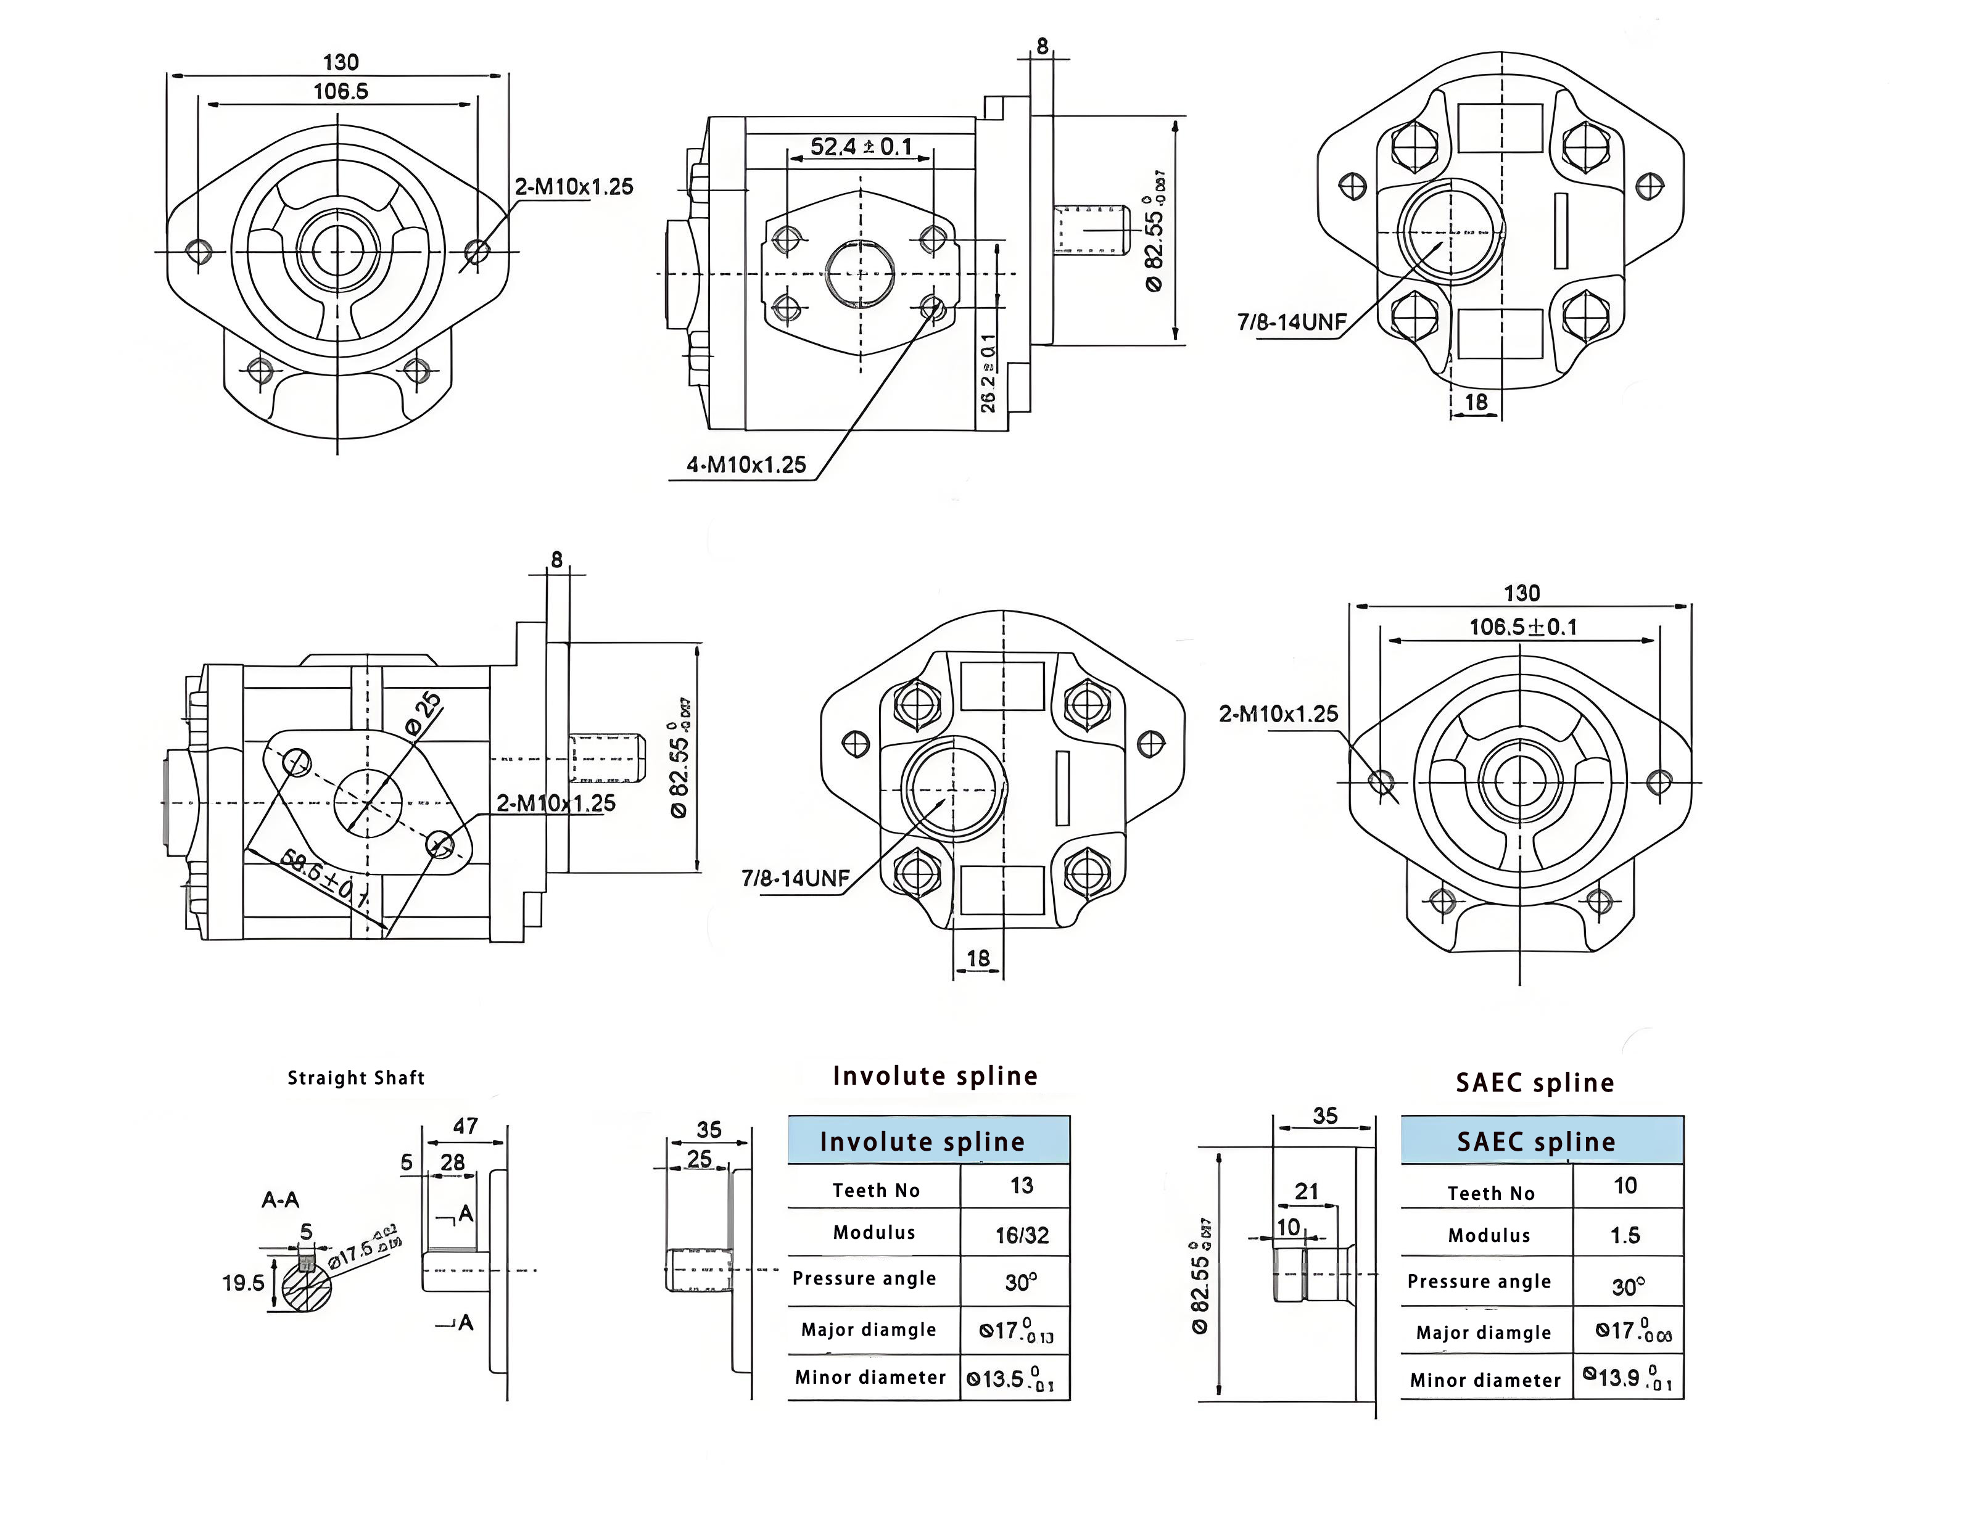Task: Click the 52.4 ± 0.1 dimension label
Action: [x=861, y=146]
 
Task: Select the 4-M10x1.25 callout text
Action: [x=746, y=465]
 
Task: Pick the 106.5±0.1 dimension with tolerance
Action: [x=1522, y=627]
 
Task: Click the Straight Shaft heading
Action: [x=356, y=1077]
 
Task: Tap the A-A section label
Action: [x=280, y=1200]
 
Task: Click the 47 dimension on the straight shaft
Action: [x=465, y=1126]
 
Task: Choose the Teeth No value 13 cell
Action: [x=1022, y=1186]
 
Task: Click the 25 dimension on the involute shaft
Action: [x=699, y=1159]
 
